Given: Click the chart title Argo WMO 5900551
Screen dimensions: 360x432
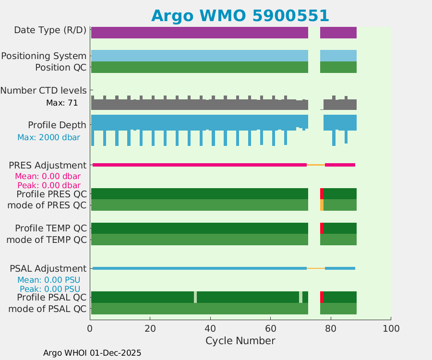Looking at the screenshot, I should click(240, 16).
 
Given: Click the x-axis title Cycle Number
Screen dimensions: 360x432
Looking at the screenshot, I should click(240, 341).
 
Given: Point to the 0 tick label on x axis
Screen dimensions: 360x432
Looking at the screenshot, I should click(90, 328).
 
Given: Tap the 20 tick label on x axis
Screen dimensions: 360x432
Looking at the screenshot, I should click(150, 328).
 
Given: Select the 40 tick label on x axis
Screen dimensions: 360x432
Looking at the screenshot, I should click(210, 328).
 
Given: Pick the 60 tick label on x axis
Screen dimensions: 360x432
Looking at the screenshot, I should click(271, 328).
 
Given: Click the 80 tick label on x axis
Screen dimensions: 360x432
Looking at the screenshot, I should click(331, 328).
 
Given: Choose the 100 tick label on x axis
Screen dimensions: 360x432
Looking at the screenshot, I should click(391, 328).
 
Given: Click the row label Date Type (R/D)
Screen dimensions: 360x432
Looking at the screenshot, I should click(50, 30).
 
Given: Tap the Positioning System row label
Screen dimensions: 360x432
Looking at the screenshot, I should click(44, 56).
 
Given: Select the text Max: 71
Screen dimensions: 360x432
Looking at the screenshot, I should click(62, 103).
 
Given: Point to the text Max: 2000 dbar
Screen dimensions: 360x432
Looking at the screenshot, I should click(48, 137).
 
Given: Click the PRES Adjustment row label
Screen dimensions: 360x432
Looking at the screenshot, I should click(48, 165).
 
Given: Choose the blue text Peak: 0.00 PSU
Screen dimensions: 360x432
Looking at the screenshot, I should click(49, 289).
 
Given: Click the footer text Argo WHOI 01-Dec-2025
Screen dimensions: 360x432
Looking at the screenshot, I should click(92, 353).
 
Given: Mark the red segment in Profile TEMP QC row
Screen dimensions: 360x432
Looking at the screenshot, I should click(322, 228).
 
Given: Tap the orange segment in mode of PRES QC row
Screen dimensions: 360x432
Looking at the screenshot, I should click(322, 205).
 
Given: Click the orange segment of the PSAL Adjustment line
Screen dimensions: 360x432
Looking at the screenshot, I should click(316, 268).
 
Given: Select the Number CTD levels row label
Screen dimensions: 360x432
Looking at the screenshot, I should click(43, 90).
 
